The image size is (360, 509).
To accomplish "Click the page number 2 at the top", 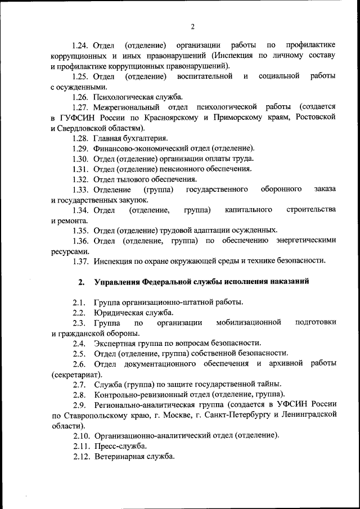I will click(x=192, y=26).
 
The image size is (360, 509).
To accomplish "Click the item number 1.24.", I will click(x=81, y=44).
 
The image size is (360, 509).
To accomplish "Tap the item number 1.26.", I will click(x=81, y=97).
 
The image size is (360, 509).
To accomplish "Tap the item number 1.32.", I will click(x=81, y=179).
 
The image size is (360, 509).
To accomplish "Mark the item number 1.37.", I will click(x=81, y=261).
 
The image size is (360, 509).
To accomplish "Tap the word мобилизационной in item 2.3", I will click(x=248, y=322).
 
